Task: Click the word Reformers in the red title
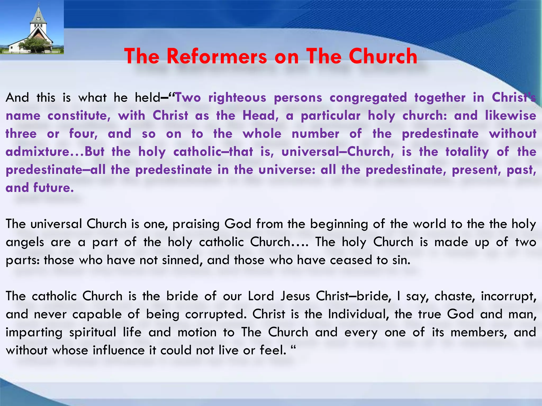[x=217, y=56]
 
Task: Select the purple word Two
[x=188, y=98]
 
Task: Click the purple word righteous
[x=237, y=98]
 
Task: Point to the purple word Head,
[x=261, y=116]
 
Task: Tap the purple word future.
[x=53, y=188]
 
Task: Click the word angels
[x=25, y=242]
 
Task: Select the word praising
[x=196, y=224]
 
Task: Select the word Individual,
[x=358, y=314]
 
